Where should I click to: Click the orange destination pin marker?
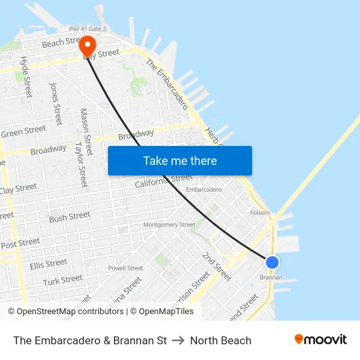tap(87, 45)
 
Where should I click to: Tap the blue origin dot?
tap(272, 262)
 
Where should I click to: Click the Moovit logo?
tap(320, 339)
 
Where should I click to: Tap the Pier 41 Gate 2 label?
tap(88, 29)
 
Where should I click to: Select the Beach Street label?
tap(60, 43)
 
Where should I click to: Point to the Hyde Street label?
tap(26, 77)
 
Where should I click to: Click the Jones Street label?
tap(56, 103)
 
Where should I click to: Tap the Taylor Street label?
tap(81, 164)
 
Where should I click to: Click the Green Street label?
tap(23, 132)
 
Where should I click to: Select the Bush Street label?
tap(69, 217)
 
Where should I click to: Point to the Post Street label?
tap(20, 243)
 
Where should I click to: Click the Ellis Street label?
tap(48, 264)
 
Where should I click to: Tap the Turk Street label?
tap(63, 280)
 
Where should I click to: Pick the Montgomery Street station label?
tap(169, 225)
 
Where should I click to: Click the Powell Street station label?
tap(125, 268)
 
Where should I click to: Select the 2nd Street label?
tap(217, 266)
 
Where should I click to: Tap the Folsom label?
tap(260, 213)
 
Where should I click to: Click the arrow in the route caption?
tap(178, 340)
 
